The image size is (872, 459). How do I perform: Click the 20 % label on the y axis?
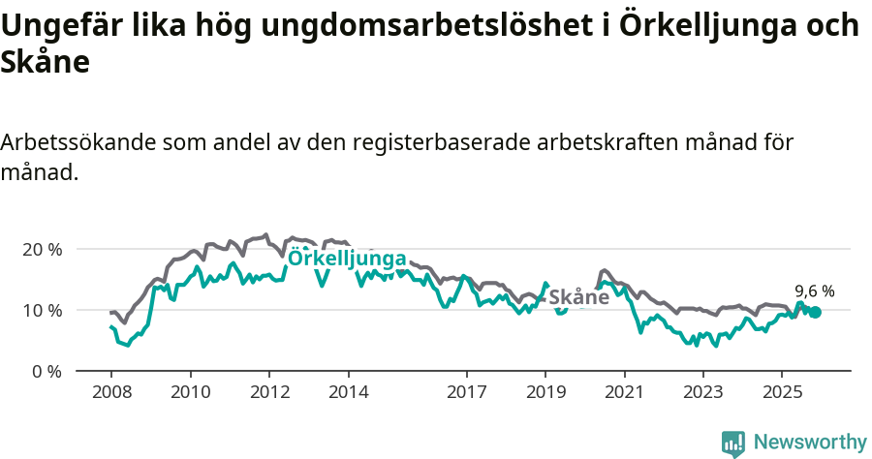click(x=42, y=249)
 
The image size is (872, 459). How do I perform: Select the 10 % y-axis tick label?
click(x=42, y=310)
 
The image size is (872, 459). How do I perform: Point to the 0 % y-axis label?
click(x=46, y=371)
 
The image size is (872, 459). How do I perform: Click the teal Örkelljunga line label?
click(x=347, y=258)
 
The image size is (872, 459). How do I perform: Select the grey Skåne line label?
click(x=579, y=297)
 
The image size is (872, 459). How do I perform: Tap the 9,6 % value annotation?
click(x=814, y=291)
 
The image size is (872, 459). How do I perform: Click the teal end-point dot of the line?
click(x=815, y=312)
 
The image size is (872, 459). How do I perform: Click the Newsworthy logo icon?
click(x=733, y=444)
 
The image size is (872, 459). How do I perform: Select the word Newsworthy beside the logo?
click(x=810, y=443)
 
